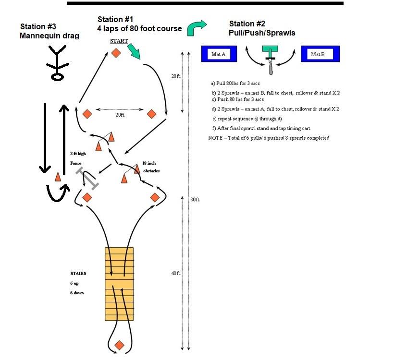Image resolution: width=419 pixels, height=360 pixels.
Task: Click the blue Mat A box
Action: (x=219, y=54)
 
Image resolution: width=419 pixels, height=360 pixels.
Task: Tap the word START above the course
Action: (x=119, y=41)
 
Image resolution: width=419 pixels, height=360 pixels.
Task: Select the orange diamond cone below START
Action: (x=116, y=52)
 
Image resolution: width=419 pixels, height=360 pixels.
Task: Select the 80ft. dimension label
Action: (x=195, y=199)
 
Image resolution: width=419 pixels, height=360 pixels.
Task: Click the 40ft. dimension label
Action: (x=175, y=273)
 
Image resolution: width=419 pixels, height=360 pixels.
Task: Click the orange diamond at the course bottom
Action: (x=119, y=345)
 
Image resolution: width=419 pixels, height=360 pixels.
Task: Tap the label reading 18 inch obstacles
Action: (x=152, y=167)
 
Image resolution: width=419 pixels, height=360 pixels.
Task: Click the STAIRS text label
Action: (x=78, y=274)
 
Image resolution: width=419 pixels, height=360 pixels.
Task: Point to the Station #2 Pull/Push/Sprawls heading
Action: (x=262, y=28)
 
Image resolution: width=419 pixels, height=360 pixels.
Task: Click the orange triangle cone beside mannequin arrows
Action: (x=58, y=176)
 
